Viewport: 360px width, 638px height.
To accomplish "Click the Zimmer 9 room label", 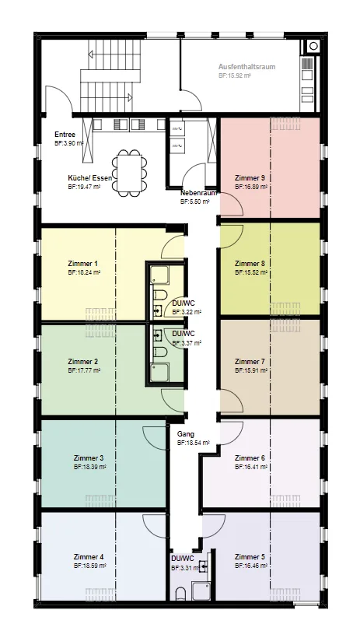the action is point(250,178).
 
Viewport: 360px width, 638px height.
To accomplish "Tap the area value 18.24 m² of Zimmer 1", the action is point(84,272).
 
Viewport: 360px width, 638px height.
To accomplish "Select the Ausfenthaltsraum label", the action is point(247,67).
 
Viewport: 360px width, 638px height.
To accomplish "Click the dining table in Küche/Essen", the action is point(129,173).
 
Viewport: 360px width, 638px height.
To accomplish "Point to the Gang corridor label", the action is point(186,434).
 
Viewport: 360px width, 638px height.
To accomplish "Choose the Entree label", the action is point(65,135).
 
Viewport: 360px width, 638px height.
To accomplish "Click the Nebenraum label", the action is point(198,193).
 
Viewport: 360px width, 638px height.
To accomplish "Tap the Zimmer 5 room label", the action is point(250,557).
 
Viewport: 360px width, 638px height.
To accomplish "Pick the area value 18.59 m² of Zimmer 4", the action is point(90,566).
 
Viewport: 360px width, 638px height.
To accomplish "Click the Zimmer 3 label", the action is point(89,458).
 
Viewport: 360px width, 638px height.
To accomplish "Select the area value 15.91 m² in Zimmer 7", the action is point(251,370).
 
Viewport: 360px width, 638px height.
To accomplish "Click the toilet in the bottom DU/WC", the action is point(180,594).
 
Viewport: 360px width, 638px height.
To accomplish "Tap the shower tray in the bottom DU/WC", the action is point(201,591).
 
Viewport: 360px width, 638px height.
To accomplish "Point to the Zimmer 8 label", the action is point(250,264).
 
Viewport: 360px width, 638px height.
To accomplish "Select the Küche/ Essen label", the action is point(90,178).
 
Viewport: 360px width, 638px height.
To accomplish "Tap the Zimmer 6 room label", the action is point(250,458).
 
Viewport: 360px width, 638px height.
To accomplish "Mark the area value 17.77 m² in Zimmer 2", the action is point(84,370).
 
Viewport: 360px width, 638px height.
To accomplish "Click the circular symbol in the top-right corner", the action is point(313,46).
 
